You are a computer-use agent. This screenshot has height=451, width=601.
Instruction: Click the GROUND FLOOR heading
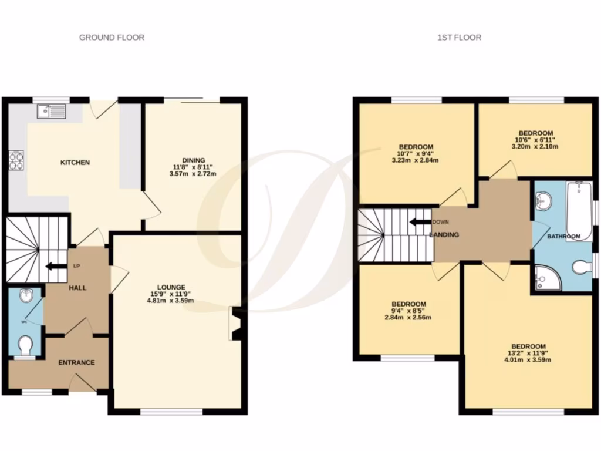tap(112, 38)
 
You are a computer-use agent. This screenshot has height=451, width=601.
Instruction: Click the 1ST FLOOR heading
tap(459, 38)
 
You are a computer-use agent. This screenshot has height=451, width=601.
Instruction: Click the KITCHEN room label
tap(75, 162)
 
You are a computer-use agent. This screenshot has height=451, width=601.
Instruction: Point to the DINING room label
tap(193, 160)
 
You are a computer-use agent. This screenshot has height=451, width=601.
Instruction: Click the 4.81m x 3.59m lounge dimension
tap(171, 301)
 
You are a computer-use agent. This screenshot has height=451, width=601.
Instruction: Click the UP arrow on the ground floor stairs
tap(53, 267)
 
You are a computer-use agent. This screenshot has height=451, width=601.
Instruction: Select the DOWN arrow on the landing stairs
tap(420, 222)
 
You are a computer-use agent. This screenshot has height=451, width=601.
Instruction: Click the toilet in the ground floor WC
tap(25, 345)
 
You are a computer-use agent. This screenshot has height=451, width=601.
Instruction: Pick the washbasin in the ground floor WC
tap(25, 296)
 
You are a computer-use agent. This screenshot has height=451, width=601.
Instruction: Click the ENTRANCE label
tap(76, 362)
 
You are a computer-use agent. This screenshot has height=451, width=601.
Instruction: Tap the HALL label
tap(77, 288)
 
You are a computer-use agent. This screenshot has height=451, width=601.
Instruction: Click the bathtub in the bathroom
tap(579, 210)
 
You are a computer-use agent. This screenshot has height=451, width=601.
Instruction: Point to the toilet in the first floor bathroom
tap(580, 268)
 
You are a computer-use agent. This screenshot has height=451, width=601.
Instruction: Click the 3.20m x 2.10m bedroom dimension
tap(535, 147)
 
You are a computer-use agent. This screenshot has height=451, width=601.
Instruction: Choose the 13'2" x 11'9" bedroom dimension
tap(528, 354)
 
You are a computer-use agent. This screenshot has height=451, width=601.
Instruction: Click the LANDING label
tap(444, 235)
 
